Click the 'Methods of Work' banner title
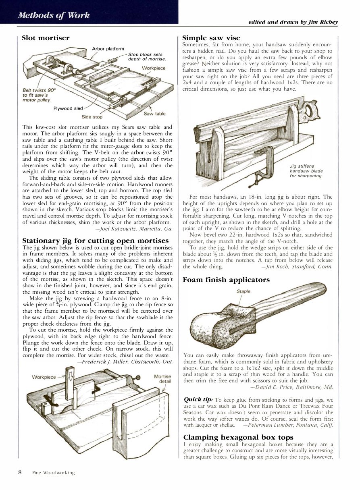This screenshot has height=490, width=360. pyautogui.click(x=53, y=15)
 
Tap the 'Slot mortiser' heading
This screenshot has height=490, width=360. pyautogui.click(x=46, y=38)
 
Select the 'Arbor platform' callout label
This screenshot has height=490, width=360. pyautogui.click(x=108, y=49)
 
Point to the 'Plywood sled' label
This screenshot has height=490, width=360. pyautogui.click(x=68, y=108)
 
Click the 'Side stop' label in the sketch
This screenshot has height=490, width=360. pyautogui.click(x=92, y=117)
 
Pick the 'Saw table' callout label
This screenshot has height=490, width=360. pyautogui.click(x=154, y=114)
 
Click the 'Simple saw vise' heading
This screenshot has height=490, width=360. pyautogui.click(x=211, y=38)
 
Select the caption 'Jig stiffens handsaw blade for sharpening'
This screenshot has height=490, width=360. pyautogui.click(x=306, y=170)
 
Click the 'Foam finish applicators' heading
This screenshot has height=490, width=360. pyautogui.click(x=226, y=279)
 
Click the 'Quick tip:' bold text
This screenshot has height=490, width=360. pyautogui.click(x=198, y=399)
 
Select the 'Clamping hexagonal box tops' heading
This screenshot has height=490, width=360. pyautogui.click(x=238, y=437)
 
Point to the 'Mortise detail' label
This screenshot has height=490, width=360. pyautogui.click(x=162, y=379)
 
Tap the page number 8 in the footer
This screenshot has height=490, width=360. pyautogui.click(x=19, y=472)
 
